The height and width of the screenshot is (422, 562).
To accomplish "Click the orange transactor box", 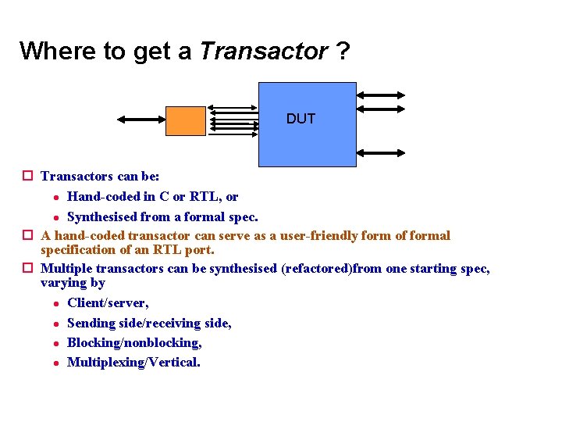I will tap(186, 120).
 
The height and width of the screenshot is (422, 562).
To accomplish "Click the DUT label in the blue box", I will tap(301, 119).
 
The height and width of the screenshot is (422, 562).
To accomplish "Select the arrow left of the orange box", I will tap(140, 120).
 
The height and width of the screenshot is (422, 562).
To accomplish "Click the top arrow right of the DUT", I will tap(380, 95).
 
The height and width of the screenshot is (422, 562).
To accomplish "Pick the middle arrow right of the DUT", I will tap(380, 120).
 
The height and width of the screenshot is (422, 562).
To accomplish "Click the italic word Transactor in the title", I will tap(264, 52).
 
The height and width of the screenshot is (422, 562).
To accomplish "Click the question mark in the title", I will tap(343, 52).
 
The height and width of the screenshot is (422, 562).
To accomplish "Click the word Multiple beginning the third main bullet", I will tap(65, 268).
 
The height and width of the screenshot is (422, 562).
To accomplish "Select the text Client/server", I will tap(108, 302).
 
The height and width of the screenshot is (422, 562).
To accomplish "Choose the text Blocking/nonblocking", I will tap(134, 342).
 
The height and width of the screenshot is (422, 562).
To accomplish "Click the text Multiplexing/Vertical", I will tap(133, 362).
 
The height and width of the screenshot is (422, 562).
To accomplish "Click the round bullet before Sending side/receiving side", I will tap(56, 323).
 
